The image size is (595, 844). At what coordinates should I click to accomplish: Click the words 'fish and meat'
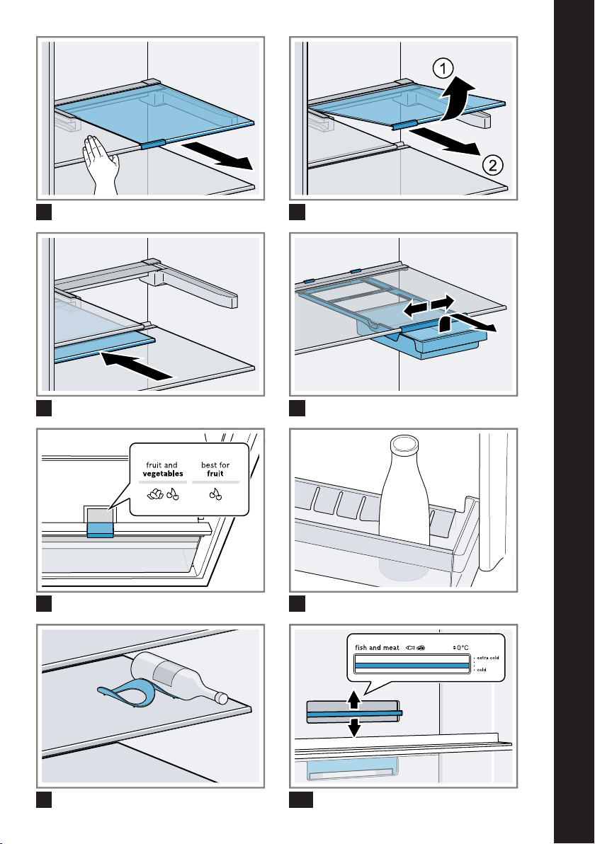coord(377,646)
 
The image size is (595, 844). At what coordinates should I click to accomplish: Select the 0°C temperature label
coord(462,646)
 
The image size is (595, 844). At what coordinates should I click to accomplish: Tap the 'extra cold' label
coord(487,658)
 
